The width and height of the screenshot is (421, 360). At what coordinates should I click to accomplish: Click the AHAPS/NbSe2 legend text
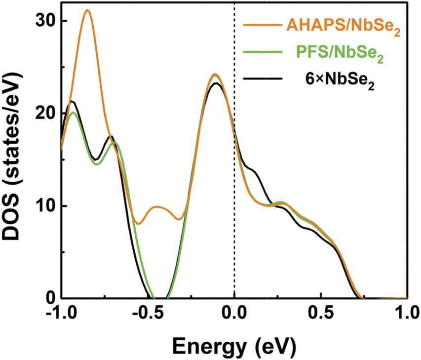341,29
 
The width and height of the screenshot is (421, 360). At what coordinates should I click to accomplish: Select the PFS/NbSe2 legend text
341,54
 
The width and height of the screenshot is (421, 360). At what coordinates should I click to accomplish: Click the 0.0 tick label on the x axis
234,315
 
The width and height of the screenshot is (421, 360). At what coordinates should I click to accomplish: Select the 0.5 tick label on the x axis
321,315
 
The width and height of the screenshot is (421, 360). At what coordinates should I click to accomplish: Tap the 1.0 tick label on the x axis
406,315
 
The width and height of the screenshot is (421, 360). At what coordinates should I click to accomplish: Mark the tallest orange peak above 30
87,10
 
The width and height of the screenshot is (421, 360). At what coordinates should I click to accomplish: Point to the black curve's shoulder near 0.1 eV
252,170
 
